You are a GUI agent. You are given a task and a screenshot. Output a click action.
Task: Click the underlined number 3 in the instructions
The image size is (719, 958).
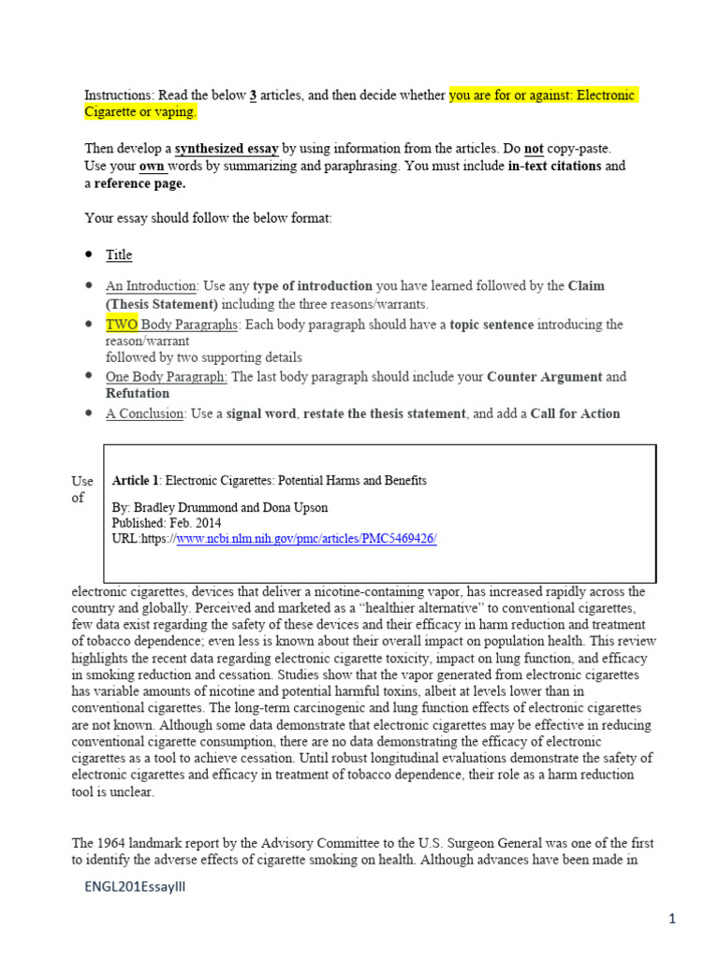tap(253, 95)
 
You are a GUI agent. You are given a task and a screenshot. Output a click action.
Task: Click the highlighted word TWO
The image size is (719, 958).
tap(122, 325)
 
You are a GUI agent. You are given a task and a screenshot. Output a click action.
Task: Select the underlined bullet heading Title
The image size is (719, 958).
tap(119, 254)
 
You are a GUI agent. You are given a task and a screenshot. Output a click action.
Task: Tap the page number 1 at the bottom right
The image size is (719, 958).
tap(672, 920)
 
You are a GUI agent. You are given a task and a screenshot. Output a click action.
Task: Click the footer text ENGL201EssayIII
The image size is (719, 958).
tap(134, 887)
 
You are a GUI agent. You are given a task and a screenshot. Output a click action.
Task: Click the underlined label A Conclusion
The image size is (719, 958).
tap(144, 414)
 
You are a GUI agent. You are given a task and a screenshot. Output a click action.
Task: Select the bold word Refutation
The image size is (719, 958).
tap(138, 394)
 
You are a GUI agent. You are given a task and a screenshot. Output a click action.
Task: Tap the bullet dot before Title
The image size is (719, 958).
tap(89, 254)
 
